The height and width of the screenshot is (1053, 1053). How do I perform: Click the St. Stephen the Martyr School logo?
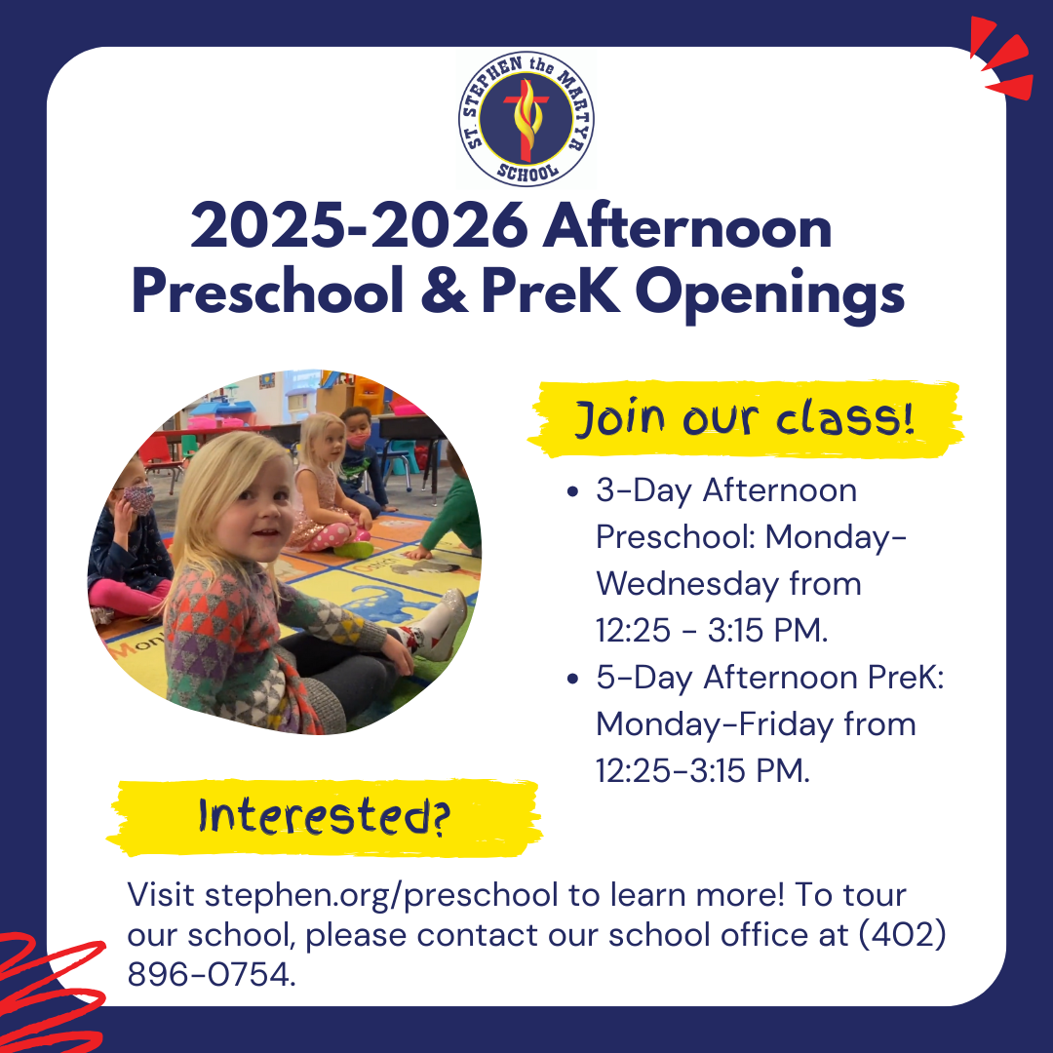pos(526,119)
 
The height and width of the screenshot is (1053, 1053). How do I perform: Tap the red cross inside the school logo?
pos(526,121)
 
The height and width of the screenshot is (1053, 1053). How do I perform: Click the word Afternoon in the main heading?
pos(687,226)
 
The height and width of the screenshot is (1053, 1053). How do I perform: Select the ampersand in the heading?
pos(444,291)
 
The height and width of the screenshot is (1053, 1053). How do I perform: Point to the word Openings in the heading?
pos(769,293)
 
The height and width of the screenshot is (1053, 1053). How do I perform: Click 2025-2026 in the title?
pos(359,226)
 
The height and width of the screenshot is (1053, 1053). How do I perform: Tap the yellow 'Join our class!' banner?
pos(746,419)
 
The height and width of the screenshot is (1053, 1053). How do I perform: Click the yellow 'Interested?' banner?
pos(325,817)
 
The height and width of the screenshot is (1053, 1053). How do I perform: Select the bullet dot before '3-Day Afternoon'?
pos(572,491)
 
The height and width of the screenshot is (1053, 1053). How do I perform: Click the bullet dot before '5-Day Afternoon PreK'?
pos(572,679)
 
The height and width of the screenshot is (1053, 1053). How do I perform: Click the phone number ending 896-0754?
pos(212,974)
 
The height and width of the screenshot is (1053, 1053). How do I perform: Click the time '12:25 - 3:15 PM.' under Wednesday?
pos(712,631)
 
